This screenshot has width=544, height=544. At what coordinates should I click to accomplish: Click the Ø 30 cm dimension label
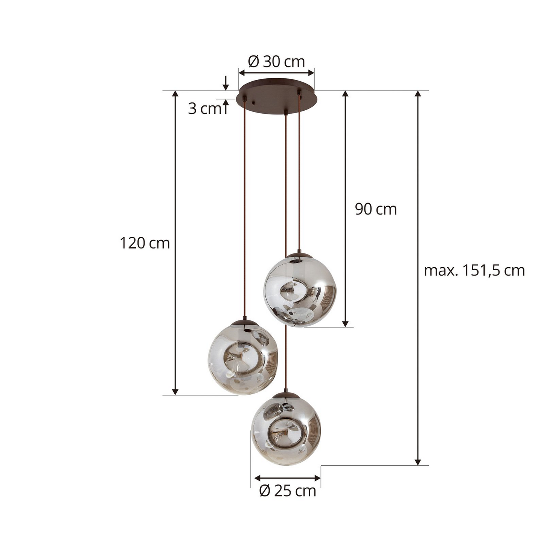click(277, 61)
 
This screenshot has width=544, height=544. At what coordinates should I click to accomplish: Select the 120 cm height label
click(145, 243)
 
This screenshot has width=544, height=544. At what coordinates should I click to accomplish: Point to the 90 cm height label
click(376, 209)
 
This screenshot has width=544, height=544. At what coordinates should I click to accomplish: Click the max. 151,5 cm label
click(474, 270)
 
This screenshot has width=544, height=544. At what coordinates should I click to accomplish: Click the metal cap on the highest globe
click(299, 255)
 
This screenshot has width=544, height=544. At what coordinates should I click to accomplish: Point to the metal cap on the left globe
click(244, 322)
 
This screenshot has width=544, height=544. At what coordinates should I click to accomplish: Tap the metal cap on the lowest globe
click(286, 395)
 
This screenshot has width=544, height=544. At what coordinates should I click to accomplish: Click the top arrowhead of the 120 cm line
click(175, 94)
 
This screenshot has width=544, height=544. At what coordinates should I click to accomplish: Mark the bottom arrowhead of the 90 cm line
click(345, 324)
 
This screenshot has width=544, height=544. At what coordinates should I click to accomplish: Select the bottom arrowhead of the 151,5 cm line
click(418, 462)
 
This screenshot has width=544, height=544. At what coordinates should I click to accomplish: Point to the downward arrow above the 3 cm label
click(226, 87)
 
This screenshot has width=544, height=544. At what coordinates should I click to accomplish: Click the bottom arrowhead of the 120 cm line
click(175, 392)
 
